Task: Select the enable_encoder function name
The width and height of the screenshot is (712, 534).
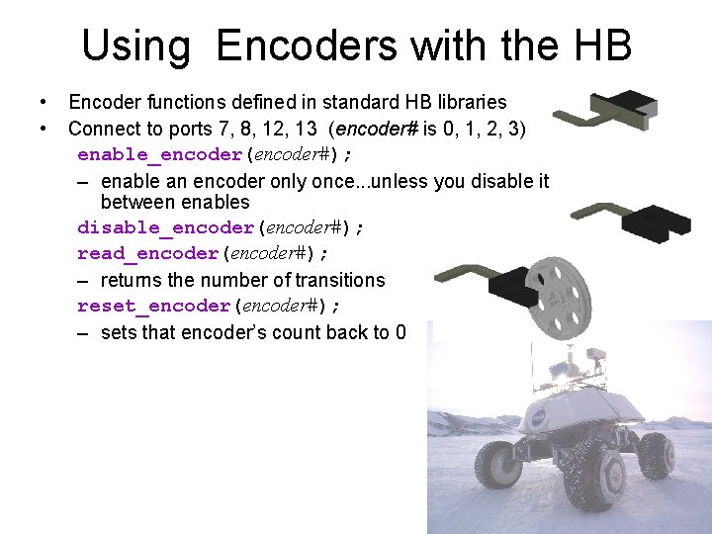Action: (x=159, y=154)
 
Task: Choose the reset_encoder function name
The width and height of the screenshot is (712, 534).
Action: (x=152, y=306)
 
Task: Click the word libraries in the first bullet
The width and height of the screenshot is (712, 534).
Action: (x=468, y=102)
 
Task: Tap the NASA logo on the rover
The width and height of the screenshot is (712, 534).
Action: (x=538, y=418)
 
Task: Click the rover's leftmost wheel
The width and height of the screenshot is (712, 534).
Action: (x=494, y=467)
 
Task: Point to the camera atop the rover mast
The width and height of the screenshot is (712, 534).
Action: (x=596, y=355)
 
